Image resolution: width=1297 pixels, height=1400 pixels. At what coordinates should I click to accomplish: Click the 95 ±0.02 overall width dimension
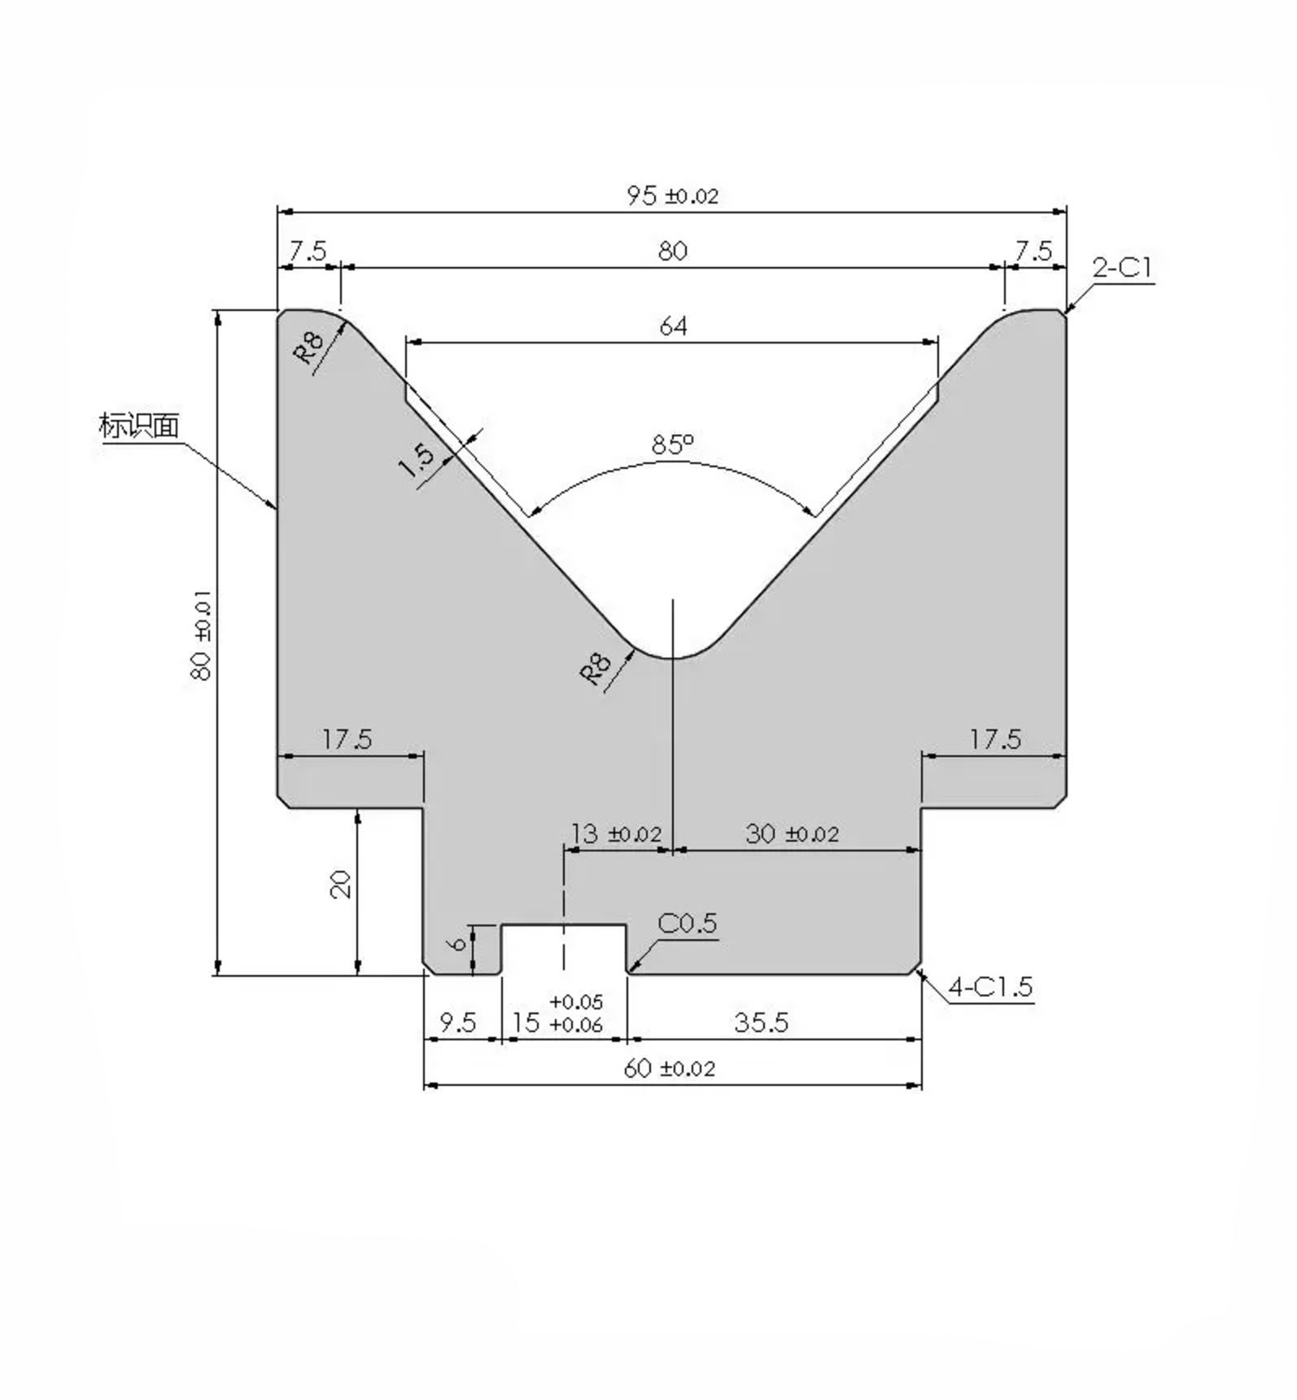click(x=672, y=196)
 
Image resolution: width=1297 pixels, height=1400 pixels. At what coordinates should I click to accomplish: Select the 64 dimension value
click(x=673, y=326)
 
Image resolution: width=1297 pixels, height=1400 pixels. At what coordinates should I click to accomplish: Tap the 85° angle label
click(x=672, y=444)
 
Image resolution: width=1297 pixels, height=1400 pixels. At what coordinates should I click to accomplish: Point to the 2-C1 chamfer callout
click(x=1122, y=268)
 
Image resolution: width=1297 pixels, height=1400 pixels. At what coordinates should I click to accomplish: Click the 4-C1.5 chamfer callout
click(x=990, y=987)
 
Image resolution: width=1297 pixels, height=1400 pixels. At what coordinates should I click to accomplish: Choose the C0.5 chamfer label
click(x=687, y=924)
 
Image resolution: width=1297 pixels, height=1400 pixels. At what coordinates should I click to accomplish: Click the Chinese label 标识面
click(x=138, y=426)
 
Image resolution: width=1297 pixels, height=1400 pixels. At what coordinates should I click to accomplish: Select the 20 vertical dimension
click(x=340, y=884)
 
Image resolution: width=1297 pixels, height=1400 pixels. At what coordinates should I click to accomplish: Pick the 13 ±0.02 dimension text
click(x=615, y=834)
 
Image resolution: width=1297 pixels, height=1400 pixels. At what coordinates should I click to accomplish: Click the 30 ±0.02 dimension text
click(x=792, y=834)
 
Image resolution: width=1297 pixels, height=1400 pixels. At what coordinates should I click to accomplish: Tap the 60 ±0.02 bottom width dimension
click(x=669, y=1069)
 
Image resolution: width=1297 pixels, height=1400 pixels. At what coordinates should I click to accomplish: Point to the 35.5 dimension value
click(x=761, y=1022)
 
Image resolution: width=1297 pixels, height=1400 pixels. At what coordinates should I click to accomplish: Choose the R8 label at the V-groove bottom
click(x=595, y=668)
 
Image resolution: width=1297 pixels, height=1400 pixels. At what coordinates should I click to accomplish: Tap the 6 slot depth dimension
click(x=458, y=943)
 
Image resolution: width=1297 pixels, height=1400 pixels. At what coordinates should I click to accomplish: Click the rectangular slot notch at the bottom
click(x=564, y=949)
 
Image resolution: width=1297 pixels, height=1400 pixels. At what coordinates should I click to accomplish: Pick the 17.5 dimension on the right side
click(x=994, y=740)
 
